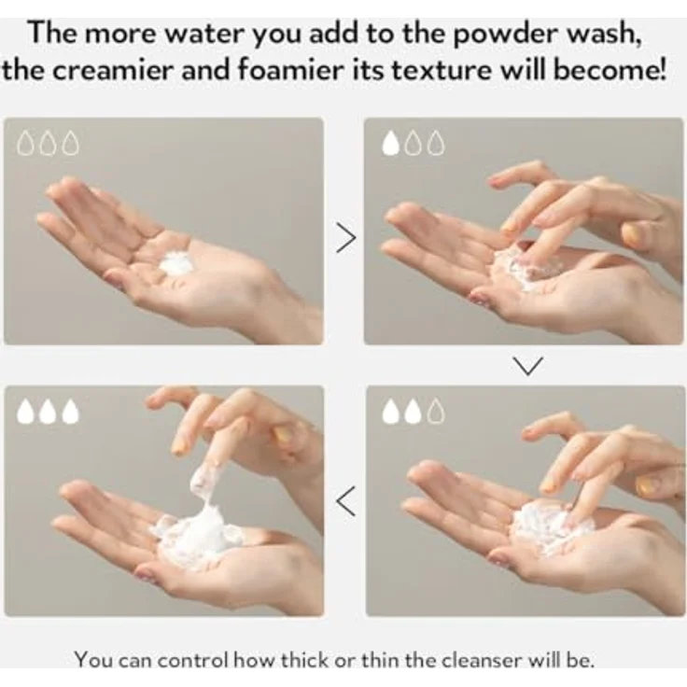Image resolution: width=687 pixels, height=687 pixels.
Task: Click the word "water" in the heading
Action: point(204,34)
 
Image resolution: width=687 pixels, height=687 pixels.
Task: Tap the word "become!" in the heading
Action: point(610,70)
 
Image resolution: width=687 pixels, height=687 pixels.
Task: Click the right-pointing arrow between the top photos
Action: point(345,237)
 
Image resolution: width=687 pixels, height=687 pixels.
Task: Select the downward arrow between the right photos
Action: point(527,366)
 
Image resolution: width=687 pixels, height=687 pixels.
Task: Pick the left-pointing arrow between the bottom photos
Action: point(345,501)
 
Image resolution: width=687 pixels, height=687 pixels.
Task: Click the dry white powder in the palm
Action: point(176,263)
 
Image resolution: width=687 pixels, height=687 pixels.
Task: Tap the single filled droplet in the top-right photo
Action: point(391,144)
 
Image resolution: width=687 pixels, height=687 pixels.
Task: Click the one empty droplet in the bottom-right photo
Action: point(436,412)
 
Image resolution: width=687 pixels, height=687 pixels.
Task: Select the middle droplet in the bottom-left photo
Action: point(49,412)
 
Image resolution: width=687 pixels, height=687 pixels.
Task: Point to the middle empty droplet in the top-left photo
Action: point(49,143)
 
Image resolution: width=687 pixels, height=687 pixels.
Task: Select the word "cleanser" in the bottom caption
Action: point(481,661)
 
